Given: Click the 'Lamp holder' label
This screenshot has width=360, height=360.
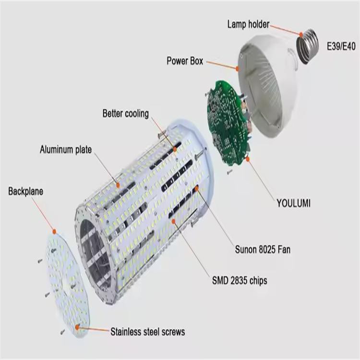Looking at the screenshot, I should coord(248,24).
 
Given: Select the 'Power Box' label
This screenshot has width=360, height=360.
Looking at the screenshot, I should coord(185,61).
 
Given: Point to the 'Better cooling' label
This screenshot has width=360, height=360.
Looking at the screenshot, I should coord(125,114).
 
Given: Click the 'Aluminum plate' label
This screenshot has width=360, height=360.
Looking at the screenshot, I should coord(65,149).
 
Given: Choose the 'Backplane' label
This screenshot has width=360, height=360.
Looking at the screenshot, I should coord(25,192).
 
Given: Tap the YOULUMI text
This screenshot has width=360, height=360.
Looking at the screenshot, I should coord(293,203).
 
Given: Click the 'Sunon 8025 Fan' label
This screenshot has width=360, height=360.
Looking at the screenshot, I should coord(263,250).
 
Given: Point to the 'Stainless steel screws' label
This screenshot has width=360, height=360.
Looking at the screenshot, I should coord(147,332).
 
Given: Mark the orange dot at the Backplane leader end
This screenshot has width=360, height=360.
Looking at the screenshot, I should coord(55,231).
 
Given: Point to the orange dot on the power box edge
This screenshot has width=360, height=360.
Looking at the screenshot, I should coord(237,68).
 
